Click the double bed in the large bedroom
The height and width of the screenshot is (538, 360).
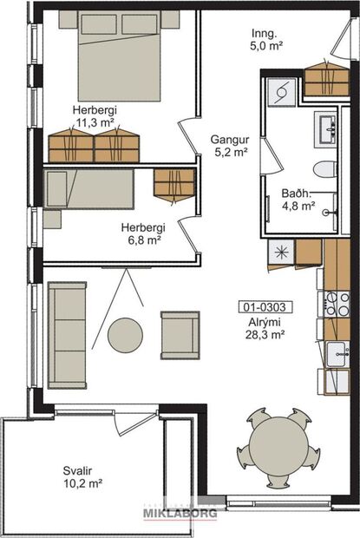(x=121, y=52)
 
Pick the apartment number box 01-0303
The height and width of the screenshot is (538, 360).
(x=265, y=306)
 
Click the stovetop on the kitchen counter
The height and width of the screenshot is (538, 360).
(x=337, y=304)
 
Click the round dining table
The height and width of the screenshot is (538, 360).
(x=278, y=449)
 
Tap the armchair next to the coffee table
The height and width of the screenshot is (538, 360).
(x=180, y=335)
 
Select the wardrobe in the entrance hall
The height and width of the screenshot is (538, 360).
(x=326, y=80)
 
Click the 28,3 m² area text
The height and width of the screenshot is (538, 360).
(x=265, y=334)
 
